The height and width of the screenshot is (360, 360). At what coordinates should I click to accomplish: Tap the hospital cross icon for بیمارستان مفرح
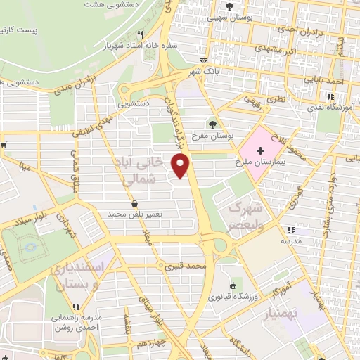tap(260, 150)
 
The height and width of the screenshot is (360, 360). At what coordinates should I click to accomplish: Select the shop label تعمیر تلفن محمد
tap(134, 213)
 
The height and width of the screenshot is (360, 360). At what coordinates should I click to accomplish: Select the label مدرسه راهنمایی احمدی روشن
tap(76, 321)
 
